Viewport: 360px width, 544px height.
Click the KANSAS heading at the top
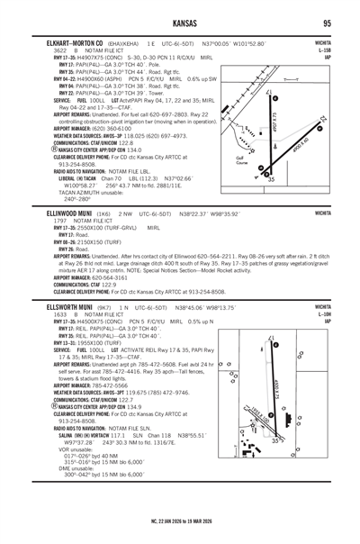(x=180, y=23)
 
